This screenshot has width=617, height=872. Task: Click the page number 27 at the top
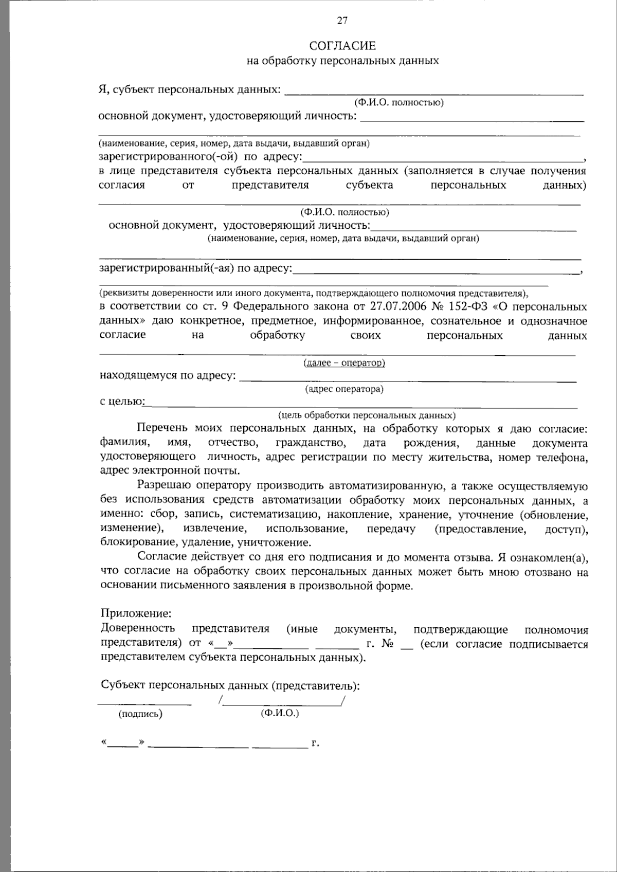[342, 21]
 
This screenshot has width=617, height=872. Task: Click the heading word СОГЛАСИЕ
[342, 46]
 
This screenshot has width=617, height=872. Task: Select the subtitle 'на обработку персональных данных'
[342, 61]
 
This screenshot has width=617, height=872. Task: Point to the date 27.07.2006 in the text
[395, 306]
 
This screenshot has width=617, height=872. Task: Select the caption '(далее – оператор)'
[344, 363]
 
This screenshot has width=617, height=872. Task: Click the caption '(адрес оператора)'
[344, 389]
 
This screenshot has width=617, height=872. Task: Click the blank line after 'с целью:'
[360, 407]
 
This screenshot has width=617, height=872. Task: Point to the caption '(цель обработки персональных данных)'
[367, 415]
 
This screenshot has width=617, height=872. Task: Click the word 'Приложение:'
[136, 613]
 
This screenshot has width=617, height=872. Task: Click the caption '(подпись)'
[140, 714]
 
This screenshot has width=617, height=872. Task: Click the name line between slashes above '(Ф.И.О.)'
[282, 702]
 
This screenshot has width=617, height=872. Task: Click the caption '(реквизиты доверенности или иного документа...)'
[314, 293]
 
